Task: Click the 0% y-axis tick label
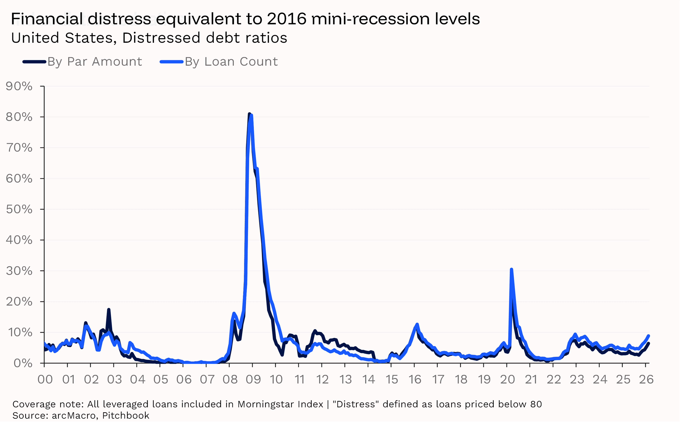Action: point(23,363)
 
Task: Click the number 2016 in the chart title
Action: point(286,19)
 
